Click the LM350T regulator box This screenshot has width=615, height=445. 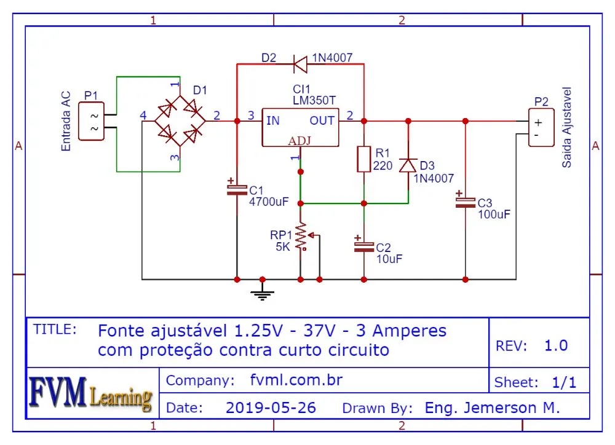(x=300, y=127)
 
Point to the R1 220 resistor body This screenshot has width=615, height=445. (x=363, y=159)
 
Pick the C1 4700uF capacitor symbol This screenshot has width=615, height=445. (x=237, y=189)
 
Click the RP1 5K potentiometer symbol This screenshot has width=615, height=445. (x=301, y=237)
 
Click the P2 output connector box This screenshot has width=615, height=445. (x=541, y=127)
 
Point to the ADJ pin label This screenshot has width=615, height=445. (x=300, y=141)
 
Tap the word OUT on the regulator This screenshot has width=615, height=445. (x=322, y=120)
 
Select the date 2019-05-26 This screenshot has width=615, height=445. (x=271, y=408)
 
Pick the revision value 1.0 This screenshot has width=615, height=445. (x=556, y=345)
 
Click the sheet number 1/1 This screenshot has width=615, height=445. (x=564, y=382)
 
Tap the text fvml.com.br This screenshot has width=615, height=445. (x=296, y=380)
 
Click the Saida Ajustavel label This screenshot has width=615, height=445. (x=567, y=127)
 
